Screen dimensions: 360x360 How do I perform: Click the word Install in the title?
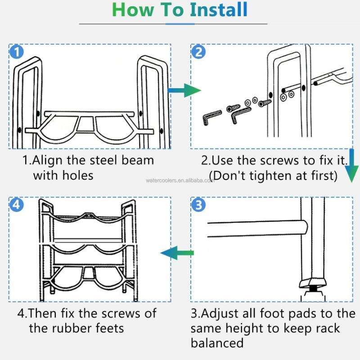tap(219, 9)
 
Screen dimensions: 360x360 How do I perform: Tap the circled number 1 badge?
tap(17, 51)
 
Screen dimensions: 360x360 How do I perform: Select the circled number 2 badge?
tap(198, 51)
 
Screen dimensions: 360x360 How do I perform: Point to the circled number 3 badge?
tap(198, 204)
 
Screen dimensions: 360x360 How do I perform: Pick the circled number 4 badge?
tap(17, 204)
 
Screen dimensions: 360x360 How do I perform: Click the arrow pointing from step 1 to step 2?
tap(184, 90)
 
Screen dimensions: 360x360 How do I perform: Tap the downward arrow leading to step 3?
tap(351, 166)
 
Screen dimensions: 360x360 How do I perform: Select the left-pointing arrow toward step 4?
tap(177, 253)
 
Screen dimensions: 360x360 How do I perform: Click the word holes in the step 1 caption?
tap(78, 175)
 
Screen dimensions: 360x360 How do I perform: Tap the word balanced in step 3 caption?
tap(217, 343)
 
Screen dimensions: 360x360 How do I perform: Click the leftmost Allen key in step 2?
tap(211, 117)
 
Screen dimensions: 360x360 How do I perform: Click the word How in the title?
tap(133, 9)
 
